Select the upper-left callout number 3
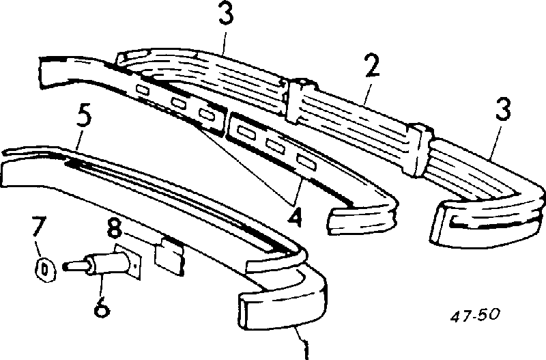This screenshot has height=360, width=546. pyautogui.click(x=226, y=13)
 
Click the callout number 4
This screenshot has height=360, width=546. pyautogui.click(x=294, y=214)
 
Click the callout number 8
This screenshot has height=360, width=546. pyautogui.click(x=114, y=227)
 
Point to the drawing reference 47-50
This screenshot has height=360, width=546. pyautogui.click(x=474, y=315)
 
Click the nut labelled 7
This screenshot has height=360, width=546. pyautogui.click(x=45, y=270)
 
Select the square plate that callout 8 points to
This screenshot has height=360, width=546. pyautogui.click(x=169, y=255)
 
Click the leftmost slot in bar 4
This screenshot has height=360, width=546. pyautogui.click(x=143, y=89)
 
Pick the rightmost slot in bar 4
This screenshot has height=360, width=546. pyautogui.click(x=306, y=162)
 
